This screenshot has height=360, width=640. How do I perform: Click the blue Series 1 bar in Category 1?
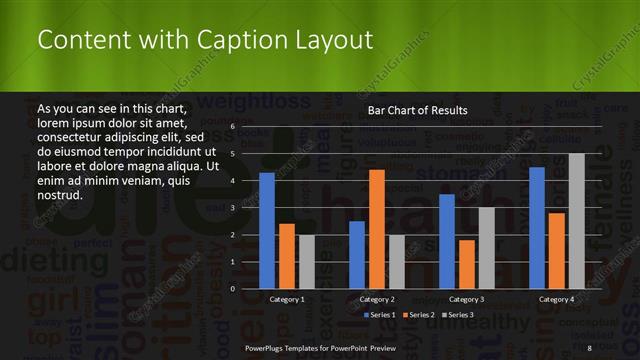[x=267, y=231]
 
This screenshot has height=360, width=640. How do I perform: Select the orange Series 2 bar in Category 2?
[x=376, y=229]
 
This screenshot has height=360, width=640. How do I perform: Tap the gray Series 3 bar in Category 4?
[x=576, y=221]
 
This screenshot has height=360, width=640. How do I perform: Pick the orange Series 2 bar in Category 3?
[x=466, y=264]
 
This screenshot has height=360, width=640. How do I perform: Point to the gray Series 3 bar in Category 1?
[x=306, y=262]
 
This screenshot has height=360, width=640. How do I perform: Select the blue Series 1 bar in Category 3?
[x=446, y=241]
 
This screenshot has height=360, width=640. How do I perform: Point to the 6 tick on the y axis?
[x=231, y=127]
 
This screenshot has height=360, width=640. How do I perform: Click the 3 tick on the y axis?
[x=231, y=208]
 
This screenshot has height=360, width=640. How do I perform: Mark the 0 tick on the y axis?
[x=231, y=289]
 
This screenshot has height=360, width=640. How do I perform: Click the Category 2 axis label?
[x=376, y=299]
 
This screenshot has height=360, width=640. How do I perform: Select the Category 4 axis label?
[x=556, y=299]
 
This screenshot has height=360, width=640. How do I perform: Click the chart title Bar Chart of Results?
[x=417, y=110]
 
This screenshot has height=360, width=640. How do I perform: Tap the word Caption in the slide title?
[x=236, y=40]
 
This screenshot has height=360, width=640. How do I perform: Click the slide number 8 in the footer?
[x=590, y=347]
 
